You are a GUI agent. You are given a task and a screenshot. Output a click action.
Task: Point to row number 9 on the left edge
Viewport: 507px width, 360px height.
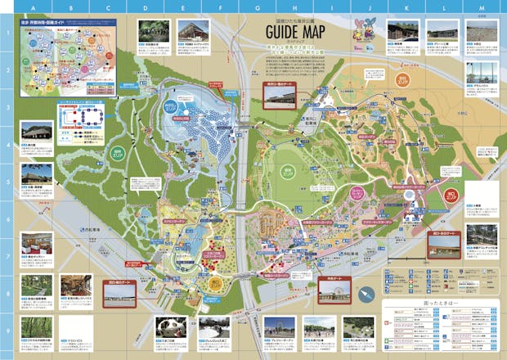tap(5, 331)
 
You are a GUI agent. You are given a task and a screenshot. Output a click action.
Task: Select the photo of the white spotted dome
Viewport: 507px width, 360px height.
tap(170, 326)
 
